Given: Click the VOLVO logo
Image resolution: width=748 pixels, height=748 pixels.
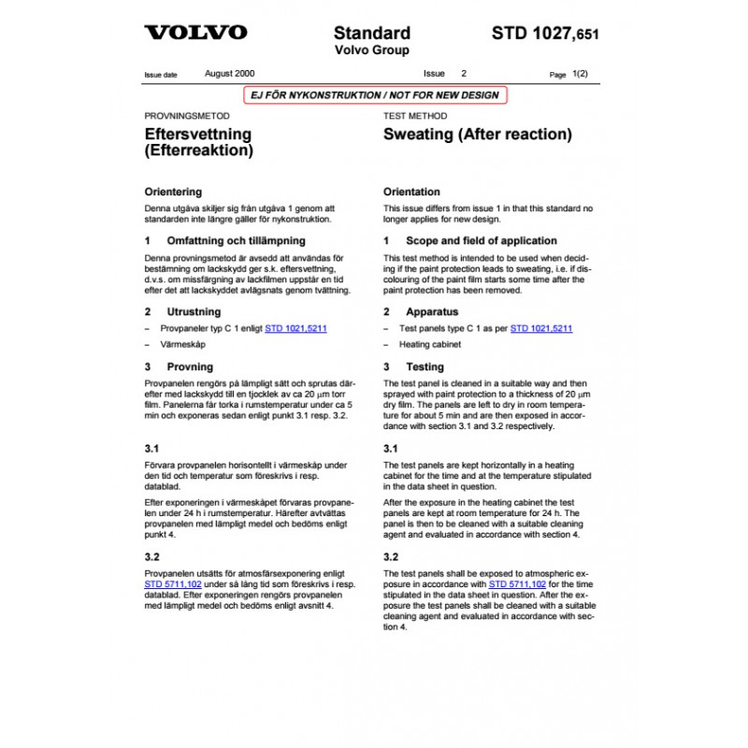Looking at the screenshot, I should (195, 33).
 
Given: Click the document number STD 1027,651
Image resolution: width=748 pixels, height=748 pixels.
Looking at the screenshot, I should (545, 34).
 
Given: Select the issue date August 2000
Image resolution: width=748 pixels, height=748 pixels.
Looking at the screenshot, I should (229, 73).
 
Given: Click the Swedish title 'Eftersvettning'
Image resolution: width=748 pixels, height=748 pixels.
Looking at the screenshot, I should (197, 134).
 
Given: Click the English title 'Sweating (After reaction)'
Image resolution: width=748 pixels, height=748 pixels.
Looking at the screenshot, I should (477, 135).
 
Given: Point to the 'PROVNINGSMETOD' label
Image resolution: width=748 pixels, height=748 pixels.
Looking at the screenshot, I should (186, 116).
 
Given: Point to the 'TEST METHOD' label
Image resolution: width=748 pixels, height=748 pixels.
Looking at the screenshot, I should (415, 116).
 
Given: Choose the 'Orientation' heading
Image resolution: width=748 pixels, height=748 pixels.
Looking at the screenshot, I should (411, 191).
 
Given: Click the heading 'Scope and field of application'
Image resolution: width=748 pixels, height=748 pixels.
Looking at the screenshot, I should (481, 240).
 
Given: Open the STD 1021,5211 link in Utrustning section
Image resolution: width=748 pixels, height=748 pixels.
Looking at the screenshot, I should (295, 329).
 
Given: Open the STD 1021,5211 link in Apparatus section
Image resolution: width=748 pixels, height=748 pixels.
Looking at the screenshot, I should (541, 329).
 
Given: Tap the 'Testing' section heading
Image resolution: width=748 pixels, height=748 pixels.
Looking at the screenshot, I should (424, 367).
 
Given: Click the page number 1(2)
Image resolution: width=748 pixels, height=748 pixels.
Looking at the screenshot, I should (580, 73).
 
